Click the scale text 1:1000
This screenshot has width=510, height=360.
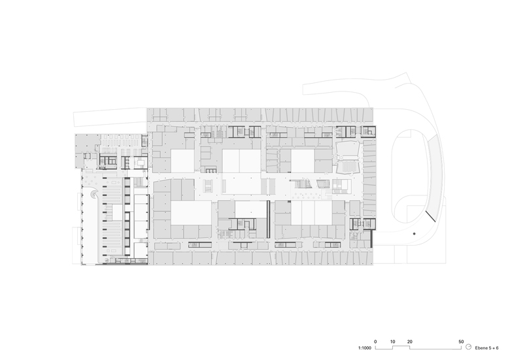tap(364, 348)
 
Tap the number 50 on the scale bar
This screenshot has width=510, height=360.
tap(461, 342)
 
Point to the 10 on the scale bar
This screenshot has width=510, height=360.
tap(392, 342)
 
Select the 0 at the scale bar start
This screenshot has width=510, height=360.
tap(375, 342)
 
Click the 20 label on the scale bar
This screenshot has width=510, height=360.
tap(409, 342)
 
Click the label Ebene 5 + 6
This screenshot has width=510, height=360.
tap(486, 348)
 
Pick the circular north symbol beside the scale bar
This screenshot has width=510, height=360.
tap(468, 347)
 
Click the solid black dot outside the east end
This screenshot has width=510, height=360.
tap(414, 234)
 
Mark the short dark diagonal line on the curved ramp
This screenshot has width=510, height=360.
tap(430, 216)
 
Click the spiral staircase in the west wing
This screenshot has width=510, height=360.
tap(94, 194)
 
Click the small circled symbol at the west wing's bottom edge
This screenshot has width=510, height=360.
tap(107, 261)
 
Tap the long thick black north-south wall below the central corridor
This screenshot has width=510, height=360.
tap(268, 220)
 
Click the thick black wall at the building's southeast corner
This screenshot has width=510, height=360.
tap(371, 239)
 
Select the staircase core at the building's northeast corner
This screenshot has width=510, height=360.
tap(369, 131)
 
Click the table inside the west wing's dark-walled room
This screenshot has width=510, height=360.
tap(141, 161)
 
